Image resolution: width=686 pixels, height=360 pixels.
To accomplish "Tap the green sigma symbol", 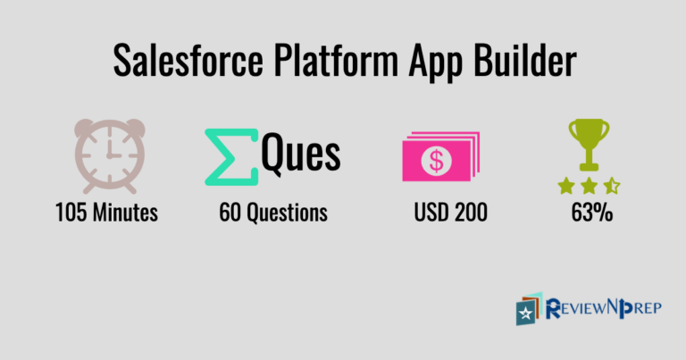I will coord(230,157).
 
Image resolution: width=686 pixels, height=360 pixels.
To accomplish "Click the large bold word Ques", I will coord(300,154).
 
